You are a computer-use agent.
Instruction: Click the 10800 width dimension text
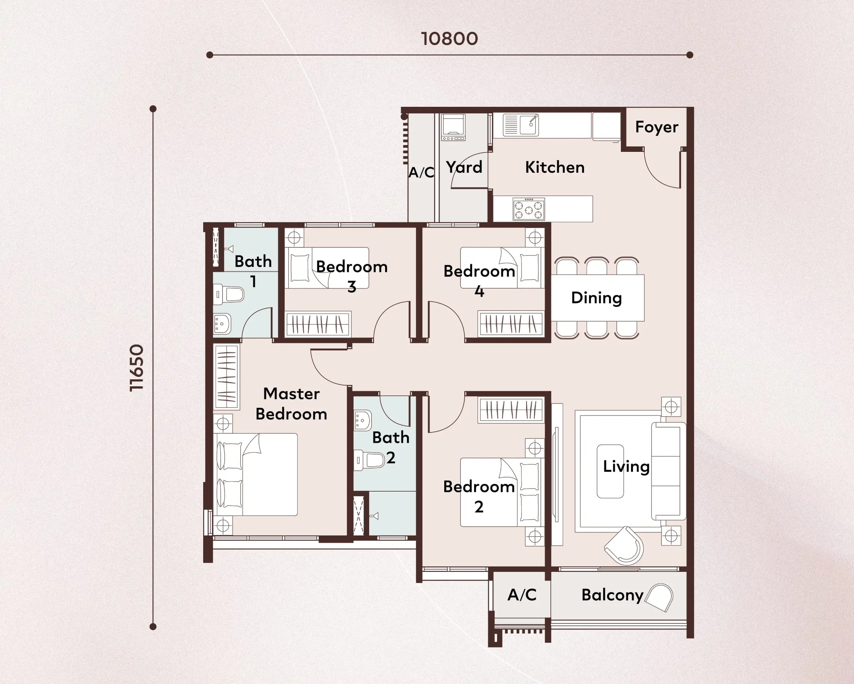point(449,39)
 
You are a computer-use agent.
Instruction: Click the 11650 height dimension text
point(137,368)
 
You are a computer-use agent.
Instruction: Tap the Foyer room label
point(657,127)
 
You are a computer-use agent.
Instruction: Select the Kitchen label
point(555,167)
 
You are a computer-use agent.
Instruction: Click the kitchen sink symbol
point(521,125)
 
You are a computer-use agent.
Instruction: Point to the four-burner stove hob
point(529,209)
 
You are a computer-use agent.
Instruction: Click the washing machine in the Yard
point(454,128)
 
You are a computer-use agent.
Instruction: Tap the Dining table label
point(597,298)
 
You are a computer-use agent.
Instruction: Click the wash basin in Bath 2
point(362,420)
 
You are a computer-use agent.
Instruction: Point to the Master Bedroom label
point(291,404)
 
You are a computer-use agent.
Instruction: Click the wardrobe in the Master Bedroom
point(227,376)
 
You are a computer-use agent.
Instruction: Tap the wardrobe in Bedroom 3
point(318,324)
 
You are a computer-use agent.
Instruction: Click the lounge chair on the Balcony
point(659,598)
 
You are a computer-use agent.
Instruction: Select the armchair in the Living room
point(624,545)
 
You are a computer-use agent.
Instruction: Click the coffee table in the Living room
point(610,471)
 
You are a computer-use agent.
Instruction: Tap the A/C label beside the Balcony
point(522,595)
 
